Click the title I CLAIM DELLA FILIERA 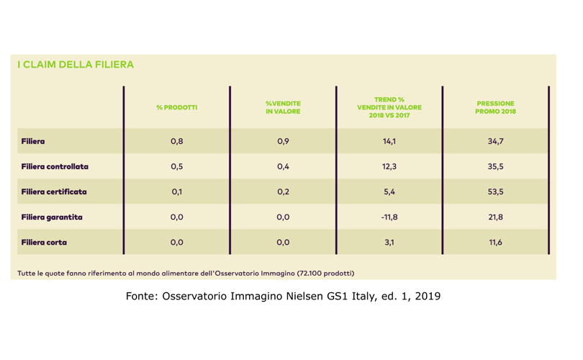click(x=76, y=65)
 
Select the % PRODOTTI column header click(x=176, y=107)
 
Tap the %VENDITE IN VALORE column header click(x=283, y=107)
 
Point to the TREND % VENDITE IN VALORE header click(x=389, y=107)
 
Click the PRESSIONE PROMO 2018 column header click(x=495, y=107)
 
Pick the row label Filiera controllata click(x=55, y=167)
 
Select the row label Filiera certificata click(x=54, y=192)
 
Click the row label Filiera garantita click(x=52, y=217)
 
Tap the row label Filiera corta click(x=44, y=243)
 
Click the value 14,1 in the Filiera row click(x=389, y=142)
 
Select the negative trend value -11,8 click(x=389, y=217)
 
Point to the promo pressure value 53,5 click(x=495, y=192)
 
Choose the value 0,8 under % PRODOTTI click(x=176, y=142)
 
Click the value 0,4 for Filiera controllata click(x=283, y=167)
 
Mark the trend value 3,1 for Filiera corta click(x=389, y=243)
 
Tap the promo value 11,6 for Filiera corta click(x=495, y=243)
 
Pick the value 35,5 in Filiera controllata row click(x=495, y=167)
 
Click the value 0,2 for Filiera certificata click(x=283, y=192)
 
